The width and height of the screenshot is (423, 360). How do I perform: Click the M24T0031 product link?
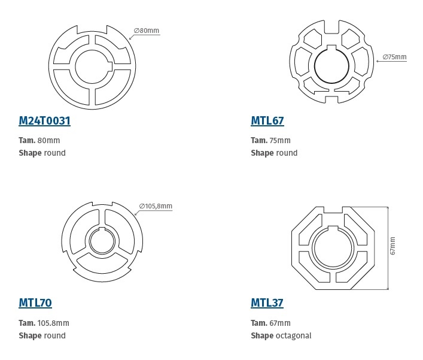[44, 121]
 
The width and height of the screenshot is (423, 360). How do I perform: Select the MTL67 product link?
[267, 121]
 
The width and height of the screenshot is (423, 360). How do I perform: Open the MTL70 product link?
[35, 303]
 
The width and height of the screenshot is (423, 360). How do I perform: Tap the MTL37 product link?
[267, 303]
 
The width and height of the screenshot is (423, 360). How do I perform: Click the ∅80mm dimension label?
[146, 31]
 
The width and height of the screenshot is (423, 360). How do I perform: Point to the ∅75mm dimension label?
[394, 58]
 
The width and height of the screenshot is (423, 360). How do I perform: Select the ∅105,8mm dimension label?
[156, 206]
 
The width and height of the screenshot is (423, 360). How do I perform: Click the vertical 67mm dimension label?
[393, 246]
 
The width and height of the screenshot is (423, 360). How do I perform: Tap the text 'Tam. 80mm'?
[39, 141]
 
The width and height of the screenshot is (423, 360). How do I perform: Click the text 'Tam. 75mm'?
[270, 141]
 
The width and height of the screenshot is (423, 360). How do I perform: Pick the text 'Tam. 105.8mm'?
[44, 323]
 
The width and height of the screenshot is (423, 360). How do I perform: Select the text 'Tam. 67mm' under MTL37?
[270, 323]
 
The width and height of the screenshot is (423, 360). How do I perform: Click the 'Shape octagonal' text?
[281, 335]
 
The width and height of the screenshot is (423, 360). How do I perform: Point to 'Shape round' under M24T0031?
[42, 153]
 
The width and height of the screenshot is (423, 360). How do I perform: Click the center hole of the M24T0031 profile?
[92, 66]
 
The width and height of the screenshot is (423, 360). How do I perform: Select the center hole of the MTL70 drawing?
[104, 243]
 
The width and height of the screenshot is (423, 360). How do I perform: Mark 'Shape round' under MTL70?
[42, 335]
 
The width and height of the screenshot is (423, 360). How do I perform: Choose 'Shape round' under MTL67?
[274, 153]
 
